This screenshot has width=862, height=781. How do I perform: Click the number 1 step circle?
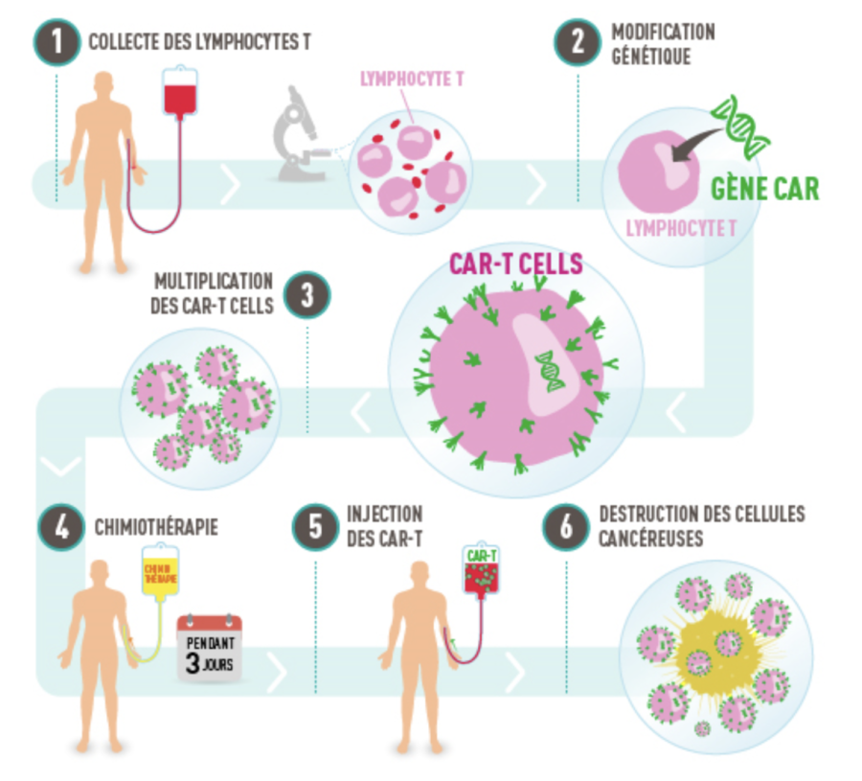pyautogui.click(x=57, y=41)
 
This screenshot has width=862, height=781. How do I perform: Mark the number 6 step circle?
pyautogui.click(x=565, y=526)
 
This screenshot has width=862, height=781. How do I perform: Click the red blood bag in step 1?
pyautogui.click(x=179, y=93)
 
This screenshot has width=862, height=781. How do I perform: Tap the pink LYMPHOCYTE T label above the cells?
pyautogui.click(x=412, y=80)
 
